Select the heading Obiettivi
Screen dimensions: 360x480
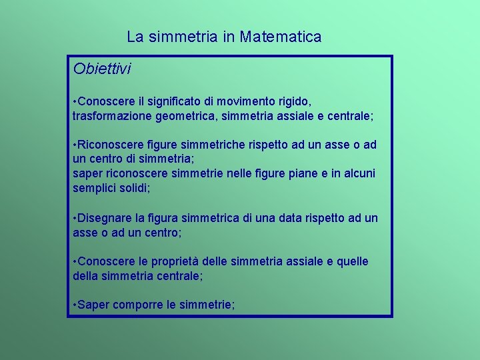pyautogui.click(x=102, y=69)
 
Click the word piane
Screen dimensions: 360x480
pyautogui.click(x=304, y=173)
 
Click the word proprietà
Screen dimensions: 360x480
pyautogui.click(x=180, y=261)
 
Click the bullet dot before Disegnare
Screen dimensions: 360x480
pyautogui.click(x=75, y=218)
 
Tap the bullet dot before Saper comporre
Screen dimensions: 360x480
pyautogui.click(x=75, y=305)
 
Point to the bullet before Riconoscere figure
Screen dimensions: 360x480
pyautogui.click(x=75, y=145)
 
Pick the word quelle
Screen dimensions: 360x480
pyautogui.click(x=351, y=261)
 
